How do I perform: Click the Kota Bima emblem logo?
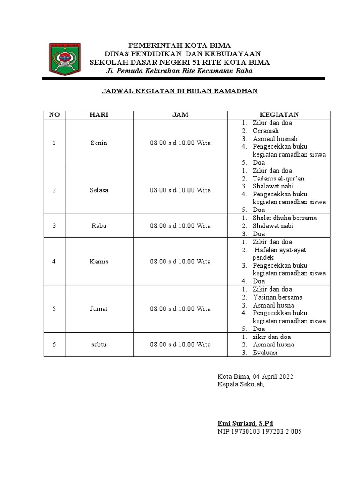click(x=65, y=59)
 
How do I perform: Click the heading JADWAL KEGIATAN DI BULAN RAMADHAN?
click(x=180, y=91)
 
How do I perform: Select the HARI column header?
click(x=99, y=115)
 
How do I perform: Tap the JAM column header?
click(x=180, y=115)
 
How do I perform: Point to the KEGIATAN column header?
click(x=279, y=115)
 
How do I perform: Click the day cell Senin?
click(x=99, y=142)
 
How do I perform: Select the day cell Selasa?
click(x=99, y=190)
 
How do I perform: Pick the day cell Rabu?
click(x=99, y=225)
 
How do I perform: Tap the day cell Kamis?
click(x=99, y=261)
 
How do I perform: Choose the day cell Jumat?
click(x=99, y=309)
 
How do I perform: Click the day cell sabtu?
click(x=99, y=345)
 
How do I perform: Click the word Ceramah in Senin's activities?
click(x=266, y=131)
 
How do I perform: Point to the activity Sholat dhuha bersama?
click(x=285, y=218)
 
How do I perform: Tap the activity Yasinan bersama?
click(x=277, y=297)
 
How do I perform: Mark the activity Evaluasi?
click(x=265, y=352)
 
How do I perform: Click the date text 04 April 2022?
click(x=273, y=376)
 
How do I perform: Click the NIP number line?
click(x=259, y=431)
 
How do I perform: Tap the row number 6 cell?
click(x=54, y=345)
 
